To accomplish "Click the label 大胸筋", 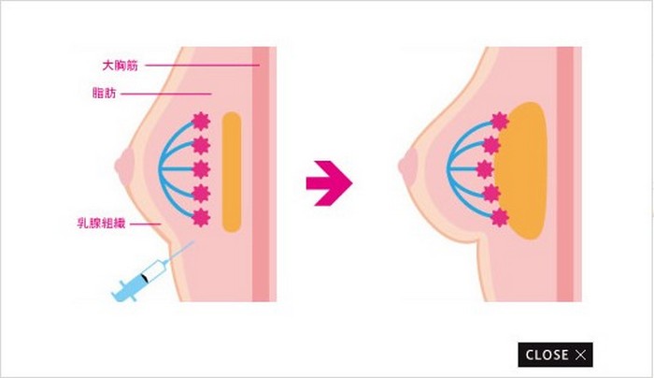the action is [x=121, y=65].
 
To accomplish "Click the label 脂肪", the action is [x=104, y=93].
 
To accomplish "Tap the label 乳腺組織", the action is [x=101, y=223].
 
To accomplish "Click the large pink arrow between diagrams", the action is [x=329, y=183].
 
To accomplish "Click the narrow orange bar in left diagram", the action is [x=232, y=172].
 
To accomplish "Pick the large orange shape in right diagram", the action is [x=521, y=170].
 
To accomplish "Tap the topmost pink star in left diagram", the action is [x=201, y=122].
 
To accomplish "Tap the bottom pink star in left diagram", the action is [x=201, y=218].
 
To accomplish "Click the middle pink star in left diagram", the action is [x=201, y=169].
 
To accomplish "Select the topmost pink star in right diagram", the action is [x=499, y=122].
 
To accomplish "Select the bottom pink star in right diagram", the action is [x=499, y=218].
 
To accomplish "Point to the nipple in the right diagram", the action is [x=408, y=167].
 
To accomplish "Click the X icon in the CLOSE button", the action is [x=580, y=355].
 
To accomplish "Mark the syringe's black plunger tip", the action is [x=144, y=277].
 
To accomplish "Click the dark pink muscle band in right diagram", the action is [x=565, y=174].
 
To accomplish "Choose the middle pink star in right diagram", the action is [x=485, y=169].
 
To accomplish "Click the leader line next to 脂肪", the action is [x=166, y=94].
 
